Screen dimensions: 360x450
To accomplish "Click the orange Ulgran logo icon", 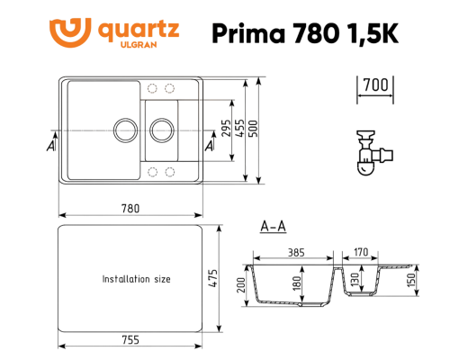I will click(74, 31).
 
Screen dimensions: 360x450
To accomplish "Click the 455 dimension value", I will click(238, 129).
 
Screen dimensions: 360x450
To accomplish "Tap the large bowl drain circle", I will click(123, 129).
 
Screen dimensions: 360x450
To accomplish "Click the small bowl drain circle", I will click(163, 129).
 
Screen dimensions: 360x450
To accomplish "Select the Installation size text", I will click(136, 279).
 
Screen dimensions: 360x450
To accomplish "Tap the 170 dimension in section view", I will click(360, 253).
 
